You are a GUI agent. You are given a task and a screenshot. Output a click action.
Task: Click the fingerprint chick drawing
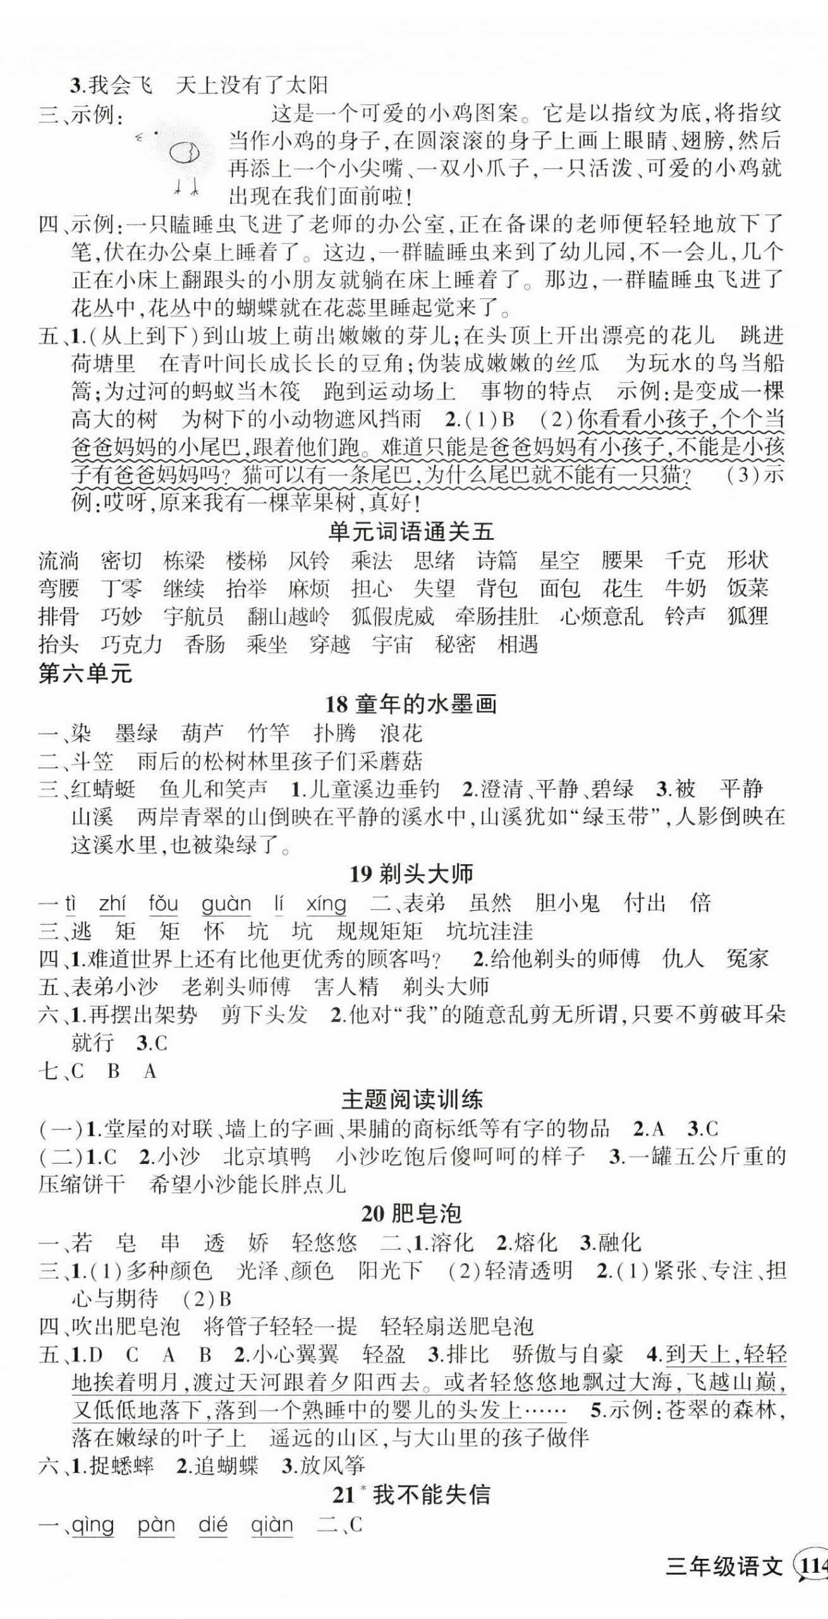click(180, 154)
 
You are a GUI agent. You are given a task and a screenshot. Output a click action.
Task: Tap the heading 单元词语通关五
click(411, 532)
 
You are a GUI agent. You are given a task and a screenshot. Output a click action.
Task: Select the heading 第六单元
click(85, 674)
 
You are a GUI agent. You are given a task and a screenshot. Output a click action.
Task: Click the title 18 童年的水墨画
click(411, 704)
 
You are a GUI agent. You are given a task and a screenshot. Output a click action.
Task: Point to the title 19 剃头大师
click(411, 874)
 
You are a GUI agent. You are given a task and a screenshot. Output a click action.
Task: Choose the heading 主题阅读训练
click(411, 1099)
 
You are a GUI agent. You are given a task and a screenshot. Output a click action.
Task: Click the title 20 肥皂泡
click(411, 1213)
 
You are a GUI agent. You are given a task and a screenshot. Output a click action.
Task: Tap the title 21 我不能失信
click(411, 1495)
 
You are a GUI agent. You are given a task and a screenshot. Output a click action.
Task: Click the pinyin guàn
click(226, 904)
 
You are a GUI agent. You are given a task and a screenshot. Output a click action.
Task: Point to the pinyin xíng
click(326, 904)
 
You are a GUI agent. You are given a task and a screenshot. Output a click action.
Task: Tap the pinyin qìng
click(93, 1525)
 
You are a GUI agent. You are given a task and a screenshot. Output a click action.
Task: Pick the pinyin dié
click(212, 1525)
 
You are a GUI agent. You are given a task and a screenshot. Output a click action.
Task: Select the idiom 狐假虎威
click(392, 616)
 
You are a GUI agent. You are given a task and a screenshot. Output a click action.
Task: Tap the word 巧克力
click(131, 645)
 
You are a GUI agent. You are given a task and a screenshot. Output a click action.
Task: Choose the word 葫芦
click(202, 733)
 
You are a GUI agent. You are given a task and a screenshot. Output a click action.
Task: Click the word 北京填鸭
click(267, 1157)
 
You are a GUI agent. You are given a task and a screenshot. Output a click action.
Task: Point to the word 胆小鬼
click(566, 903)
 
